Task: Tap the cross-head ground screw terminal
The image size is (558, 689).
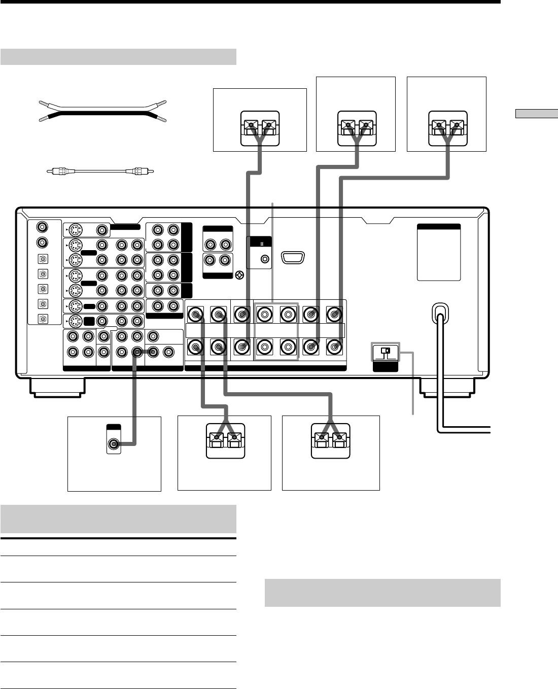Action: point(240,276)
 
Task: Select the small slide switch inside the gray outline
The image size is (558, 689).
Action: point(386,350)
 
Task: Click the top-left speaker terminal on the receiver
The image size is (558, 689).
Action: point(195,315)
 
